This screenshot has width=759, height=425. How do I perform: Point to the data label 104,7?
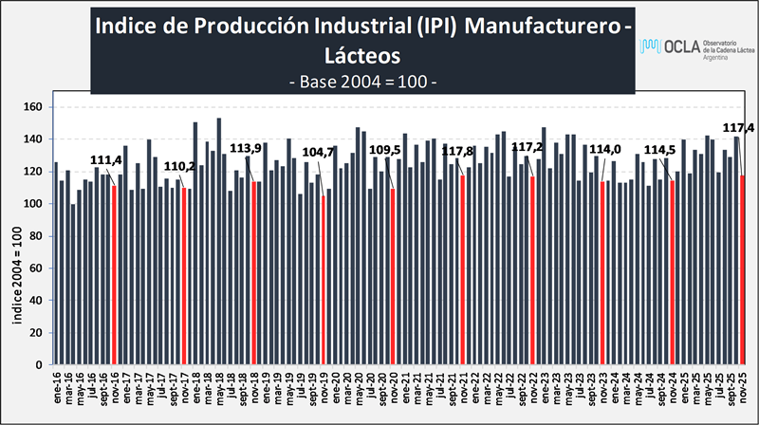(x=319, y=152)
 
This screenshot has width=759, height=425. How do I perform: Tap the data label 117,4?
(x=739, y=127)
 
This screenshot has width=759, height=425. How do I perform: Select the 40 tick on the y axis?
(x=42, y=301)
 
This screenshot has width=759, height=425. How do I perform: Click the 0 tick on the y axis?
(x=45, y=365)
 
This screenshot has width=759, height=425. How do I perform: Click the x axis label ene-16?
(x=56, y=389)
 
